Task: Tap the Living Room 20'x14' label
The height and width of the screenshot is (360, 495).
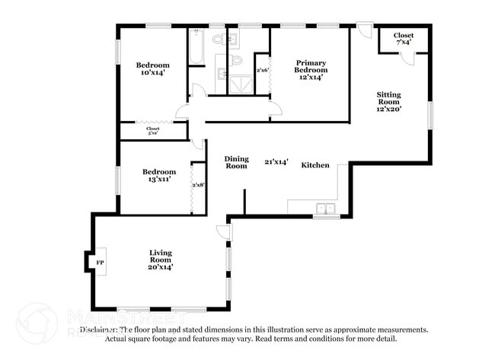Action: pos(160,260)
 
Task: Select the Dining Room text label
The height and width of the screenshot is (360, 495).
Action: pos(236,162)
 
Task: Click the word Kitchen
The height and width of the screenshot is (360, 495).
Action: pos(315,165)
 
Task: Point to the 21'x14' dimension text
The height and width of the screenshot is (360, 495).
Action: pos(276,161)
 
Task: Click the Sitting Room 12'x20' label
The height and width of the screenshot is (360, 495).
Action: pos(388,102)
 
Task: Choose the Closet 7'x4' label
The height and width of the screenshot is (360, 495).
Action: pos(404,39)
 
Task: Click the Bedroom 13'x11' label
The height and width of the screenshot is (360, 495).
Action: pos(159,177)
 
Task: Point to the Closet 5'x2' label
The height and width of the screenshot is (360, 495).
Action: pos(153,131)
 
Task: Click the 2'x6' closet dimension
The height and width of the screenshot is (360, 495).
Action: pos(263,70)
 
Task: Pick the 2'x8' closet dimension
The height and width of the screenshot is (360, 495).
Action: pos(198,185)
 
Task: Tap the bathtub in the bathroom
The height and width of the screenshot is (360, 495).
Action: pos(196,47)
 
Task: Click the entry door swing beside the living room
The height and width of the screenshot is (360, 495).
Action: pos(223,233)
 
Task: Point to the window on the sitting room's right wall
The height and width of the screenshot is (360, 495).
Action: pos(430,114)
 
